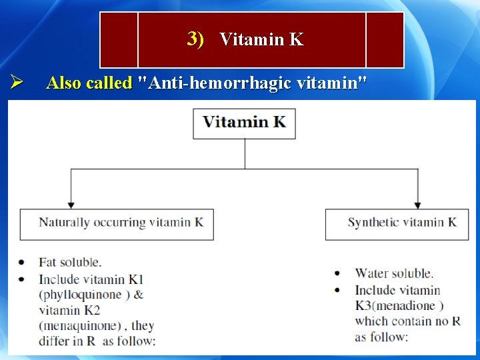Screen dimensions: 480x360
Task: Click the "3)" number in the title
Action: tap(195, 39)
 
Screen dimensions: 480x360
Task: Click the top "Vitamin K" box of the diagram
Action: tap(244, 123)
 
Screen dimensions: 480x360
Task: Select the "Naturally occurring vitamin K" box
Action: tap(117, 223)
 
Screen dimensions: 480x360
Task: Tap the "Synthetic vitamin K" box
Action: tap(401, 223)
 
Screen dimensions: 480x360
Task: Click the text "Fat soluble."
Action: tap(70, 263)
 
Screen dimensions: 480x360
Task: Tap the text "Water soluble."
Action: tap(394, 273)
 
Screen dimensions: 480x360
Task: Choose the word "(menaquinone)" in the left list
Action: tap(78, 326)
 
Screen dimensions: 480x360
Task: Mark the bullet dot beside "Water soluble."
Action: tap(337, 273)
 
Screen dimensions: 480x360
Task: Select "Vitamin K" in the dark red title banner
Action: tap(261, 40)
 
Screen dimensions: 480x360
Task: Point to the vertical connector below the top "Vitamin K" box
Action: tap(245, 153)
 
